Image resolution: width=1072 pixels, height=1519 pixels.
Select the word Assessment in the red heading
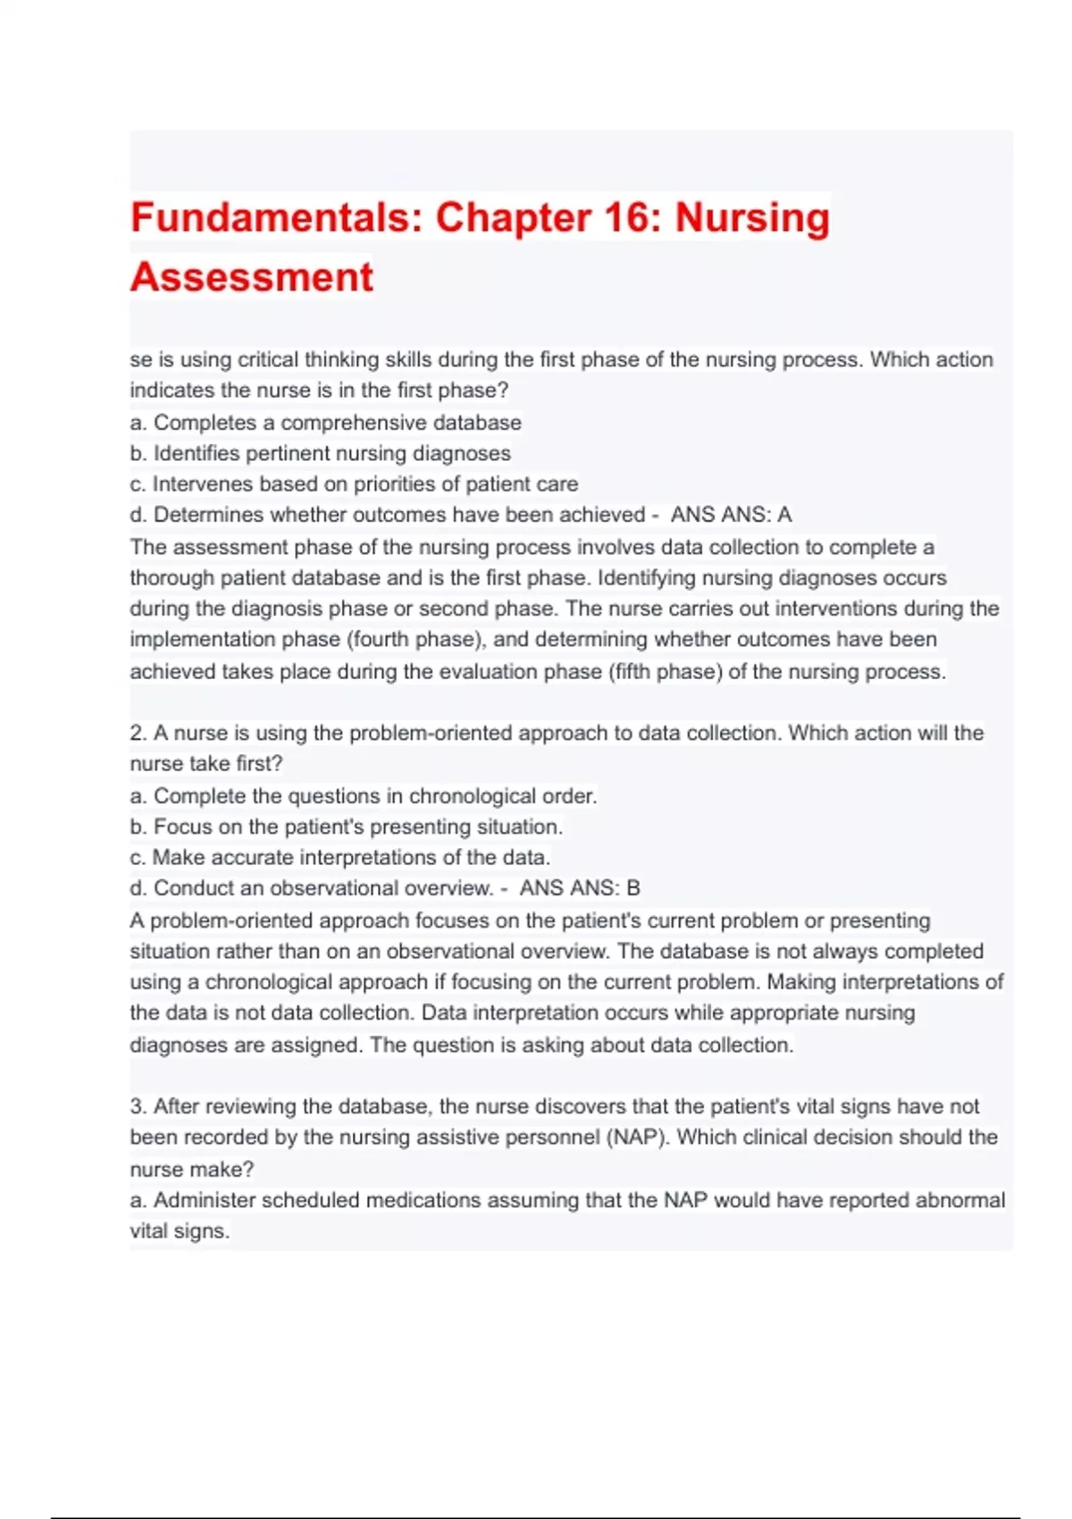pos(252,277)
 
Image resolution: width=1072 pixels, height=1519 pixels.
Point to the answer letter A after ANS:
pos(784,515)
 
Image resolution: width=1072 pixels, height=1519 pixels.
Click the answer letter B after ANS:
pos(633,888)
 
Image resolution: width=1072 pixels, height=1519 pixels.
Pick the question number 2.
pos(138,733)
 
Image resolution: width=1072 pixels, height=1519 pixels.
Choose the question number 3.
pos(138,1106)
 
